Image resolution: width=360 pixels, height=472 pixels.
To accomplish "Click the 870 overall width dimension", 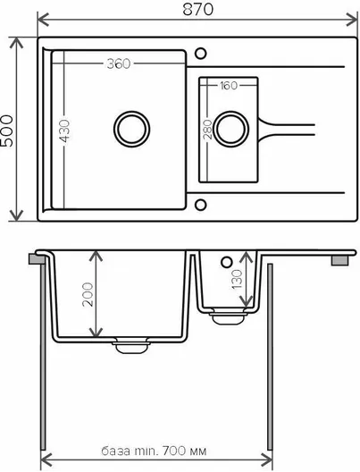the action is pos(198,9).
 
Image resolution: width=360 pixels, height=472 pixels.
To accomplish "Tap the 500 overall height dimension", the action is pos(7,131).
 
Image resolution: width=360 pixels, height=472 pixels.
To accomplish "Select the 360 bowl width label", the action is pos(119,63).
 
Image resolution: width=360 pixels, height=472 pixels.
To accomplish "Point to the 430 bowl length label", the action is pos(64,131).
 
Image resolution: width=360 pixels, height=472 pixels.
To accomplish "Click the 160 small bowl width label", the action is pos(229,86).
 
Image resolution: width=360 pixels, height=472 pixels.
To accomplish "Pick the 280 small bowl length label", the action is pos(207,130).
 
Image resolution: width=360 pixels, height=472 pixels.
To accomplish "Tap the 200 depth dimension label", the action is pos(88,294).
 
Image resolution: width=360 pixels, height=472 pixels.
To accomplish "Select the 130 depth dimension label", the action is pos(238,279).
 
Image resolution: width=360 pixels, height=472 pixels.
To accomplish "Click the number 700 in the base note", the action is pos(174,451).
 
